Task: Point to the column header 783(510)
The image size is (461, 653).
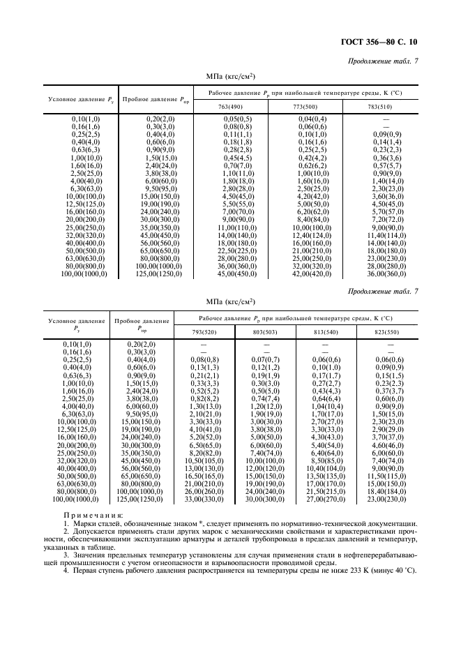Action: (379, 107)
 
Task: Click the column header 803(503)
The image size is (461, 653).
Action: (266, 331)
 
